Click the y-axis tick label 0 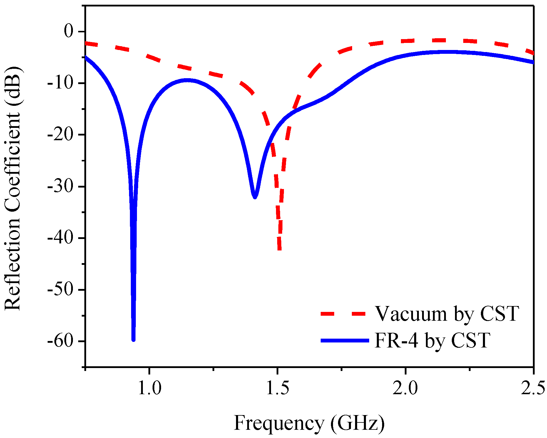pos(70,31)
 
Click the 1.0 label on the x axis pos(150,388)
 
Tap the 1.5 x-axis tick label pos(277,388)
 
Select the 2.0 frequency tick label pos(405,388)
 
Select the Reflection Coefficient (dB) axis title pos(12,188)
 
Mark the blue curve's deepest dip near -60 pos(133,339)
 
